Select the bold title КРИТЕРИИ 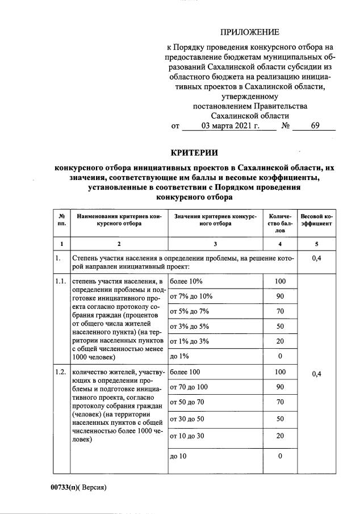click(194, 152)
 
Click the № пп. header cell click(61, 220)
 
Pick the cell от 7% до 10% click(191, 296)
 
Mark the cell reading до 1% click(179, 356)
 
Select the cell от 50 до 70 click(188, 402)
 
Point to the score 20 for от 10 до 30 click(279, 436)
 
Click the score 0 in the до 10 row click(279, 456)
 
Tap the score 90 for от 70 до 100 click(279, 387)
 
